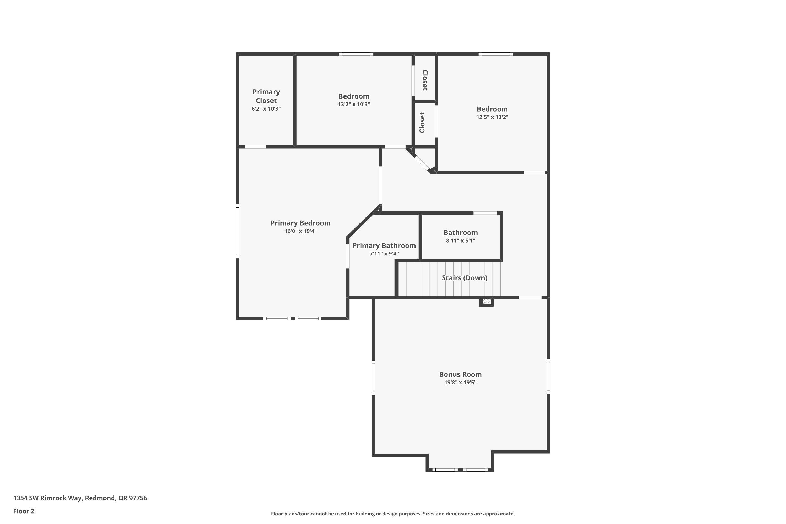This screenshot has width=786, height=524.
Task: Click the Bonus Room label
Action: [x=460, y=374]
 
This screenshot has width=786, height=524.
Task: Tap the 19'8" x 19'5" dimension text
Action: [x=460, y=383]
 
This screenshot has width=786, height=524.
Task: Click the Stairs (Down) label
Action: [x=464, y=278]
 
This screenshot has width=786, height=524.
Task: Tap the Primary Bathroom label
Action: [x=384, y=246]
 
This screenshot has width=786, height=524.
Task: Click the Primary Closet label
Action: [x=266, y=96]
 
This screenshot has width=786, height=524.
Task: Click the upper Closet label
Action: [x=425, y=80]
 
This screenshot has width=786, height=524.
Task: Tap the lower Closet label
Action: [x=422, y=123]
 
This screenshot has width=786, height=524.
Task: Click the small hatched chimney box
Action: [x=487, y=302]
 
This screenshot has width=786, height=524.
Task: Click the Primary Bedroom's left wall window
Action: [x=238, y=231]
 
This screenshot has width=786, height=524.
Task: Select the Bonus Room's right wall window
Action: [x=548, y=376]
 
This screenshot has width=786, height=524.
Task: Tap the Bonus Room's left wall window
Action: [x=373, y=378]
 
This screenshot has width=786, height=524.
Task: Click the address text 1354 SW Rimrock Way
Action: [x=80, y=498]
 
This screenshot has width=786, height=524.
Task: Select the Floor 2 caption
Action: [x=24, y=511]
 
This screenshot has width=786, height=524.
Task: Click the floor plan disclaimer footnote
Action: [x=393, y=514]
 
